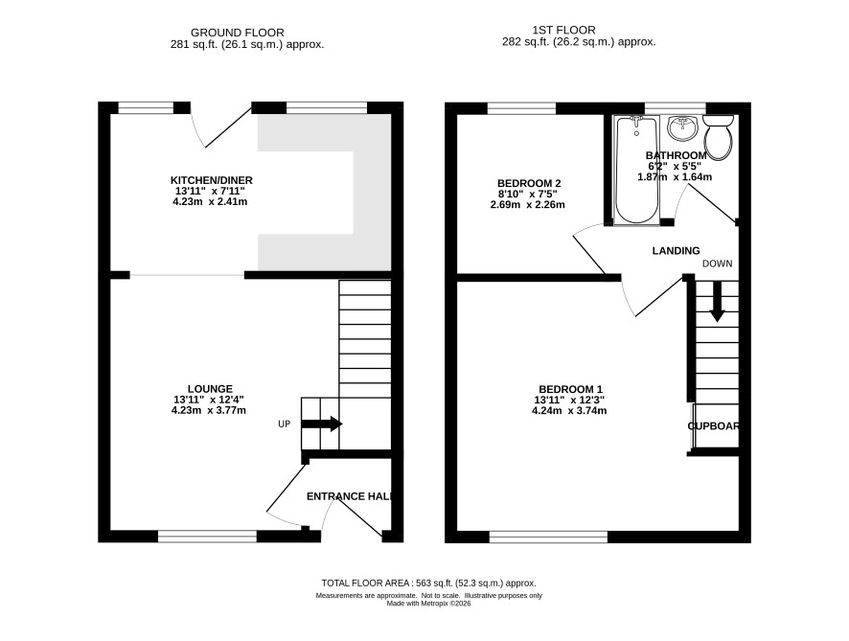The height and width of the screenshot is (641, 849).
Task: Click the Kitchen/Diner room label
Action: coord(211,180)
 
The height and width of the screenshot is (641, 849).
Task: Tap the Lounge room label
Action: coord(210,389)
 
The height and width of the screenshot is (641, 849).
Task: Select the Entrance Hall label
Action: coord(349,496)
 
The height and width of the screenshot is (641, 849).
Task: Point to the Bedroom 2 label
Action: coord(528,184)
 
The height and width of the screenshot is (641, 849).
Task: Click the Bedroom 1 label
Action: coord(570,389)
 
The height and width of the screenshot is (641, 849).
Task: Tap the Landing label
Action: coord(676,251)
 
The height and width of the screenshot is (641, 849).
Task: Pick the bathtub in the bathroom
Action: coord(636,170)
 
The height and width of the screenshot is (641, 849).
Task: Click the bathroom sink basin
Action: coord(683,128)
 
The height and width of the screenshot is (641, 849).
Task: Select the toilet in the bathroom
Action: coord(719,138)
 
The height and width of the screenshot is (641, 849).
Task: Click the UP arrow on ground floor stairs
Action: coord(322,424)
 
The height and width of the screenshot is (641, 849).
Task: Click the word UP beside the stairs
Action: coord(285,424)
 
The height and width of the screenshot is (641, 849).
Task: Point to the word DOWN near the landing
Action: coord(718,263)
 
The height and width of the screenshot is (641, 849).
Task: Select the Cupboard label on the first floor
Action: coord(713,426)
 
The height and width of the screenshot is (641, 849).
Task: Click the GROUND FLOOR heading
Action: coord(237,33)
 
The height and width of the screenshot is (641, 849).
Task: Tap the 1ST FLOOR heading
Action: coord(563,31)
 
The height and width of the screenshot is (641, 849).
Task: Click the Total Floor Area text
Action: coord(429,584)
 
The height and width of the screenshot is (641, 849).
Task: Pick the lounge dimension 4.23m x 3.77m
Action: coord(209,410)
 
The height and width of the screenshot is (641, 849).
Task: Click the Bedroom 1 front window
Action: coord(548,537)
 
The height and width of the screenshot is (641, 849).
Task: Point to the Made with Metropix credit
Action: coord(429,603)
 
